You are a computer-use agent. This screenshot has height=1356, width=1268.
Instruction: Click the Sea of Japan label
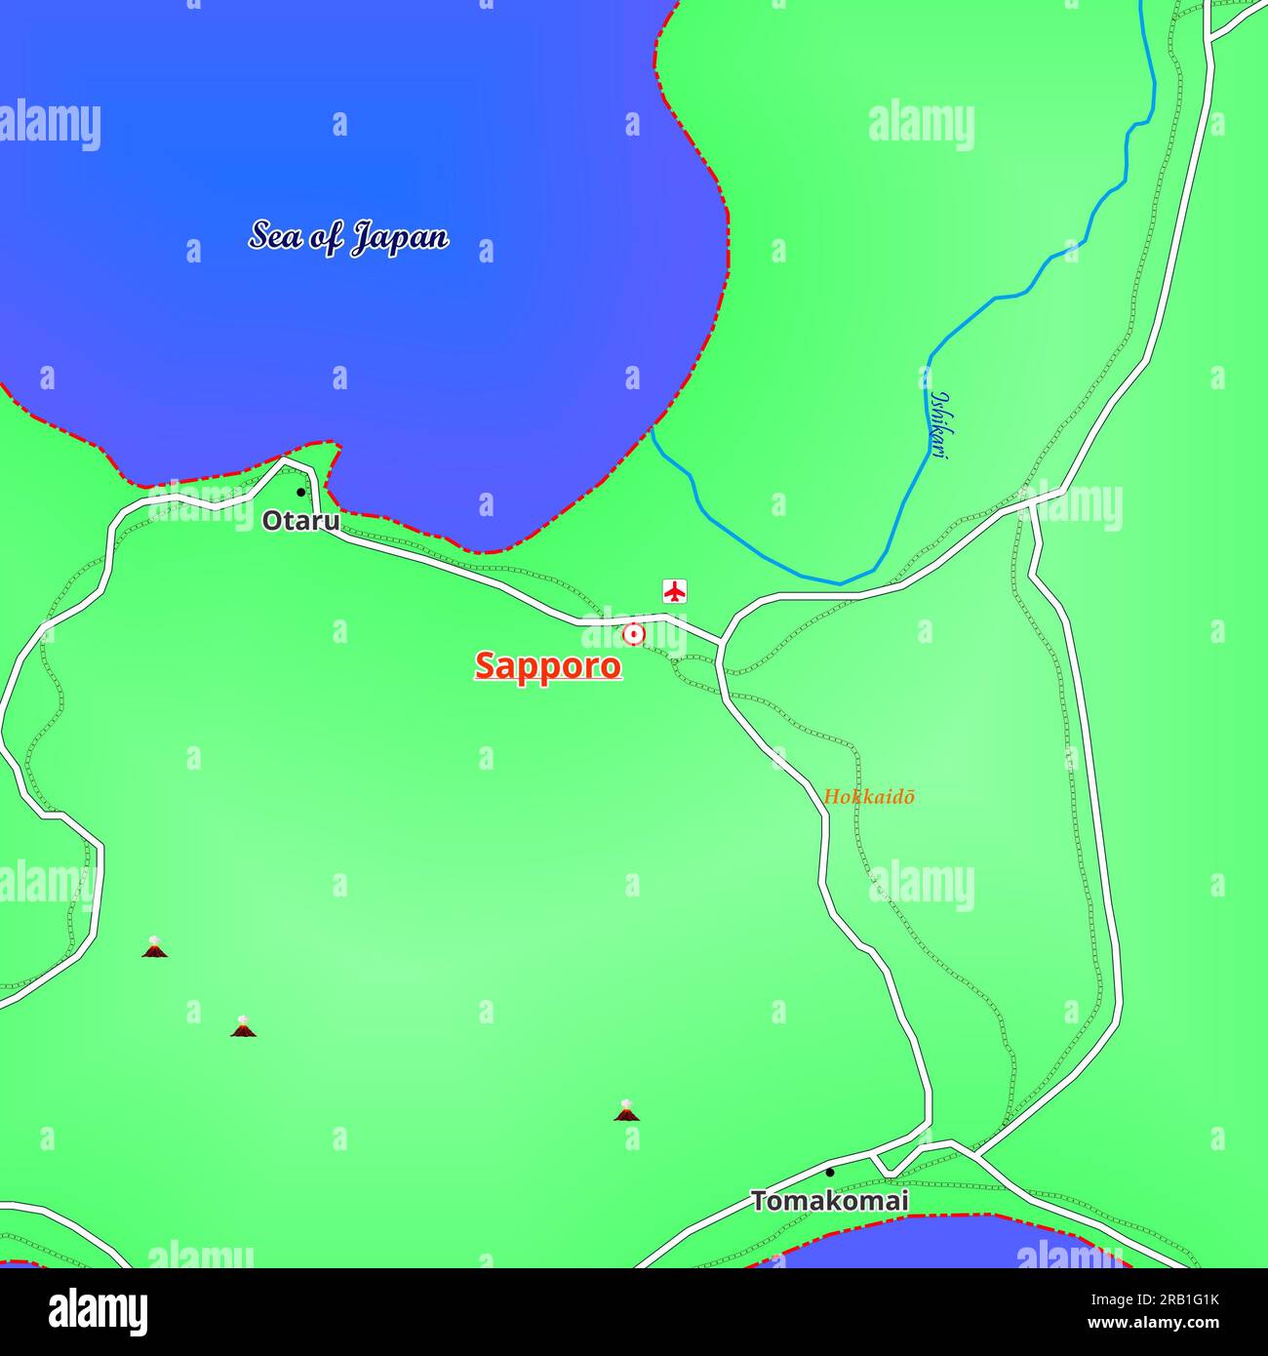(x=348, y=237)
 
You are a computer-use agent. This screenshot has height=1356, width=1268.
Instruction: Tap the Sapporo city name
(x=547, y=665)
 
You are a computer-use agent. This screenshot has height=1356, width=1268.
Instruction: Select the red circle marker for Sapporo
(x=634, y=634)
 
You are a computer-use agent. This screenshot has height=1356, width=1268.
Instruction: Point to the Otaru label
(x=300, y=521)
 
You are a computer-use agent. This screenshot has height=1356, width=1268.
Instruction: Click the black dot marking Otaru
(x=300, y=492)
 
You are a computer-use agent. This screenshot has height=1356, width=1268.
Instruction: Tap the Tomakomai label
(x=829, y=1201)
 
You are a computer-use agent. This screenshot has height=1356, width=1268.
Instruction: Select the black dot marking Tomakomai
(x=830, y=1172)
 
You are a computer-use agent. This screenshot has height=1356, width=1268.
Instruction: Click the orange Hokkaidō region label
(x=869, y=796)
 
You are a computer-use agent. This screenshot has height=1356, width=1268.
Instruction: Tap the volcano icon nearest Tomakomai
(x=627, y=1110)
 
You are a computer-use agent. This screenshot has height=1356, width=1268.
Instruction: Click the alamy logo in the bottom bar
(x=98, y=1312)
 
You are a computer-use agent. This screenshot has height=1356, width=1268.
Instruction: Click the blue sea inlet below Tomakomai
(x=936, y=1246)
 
